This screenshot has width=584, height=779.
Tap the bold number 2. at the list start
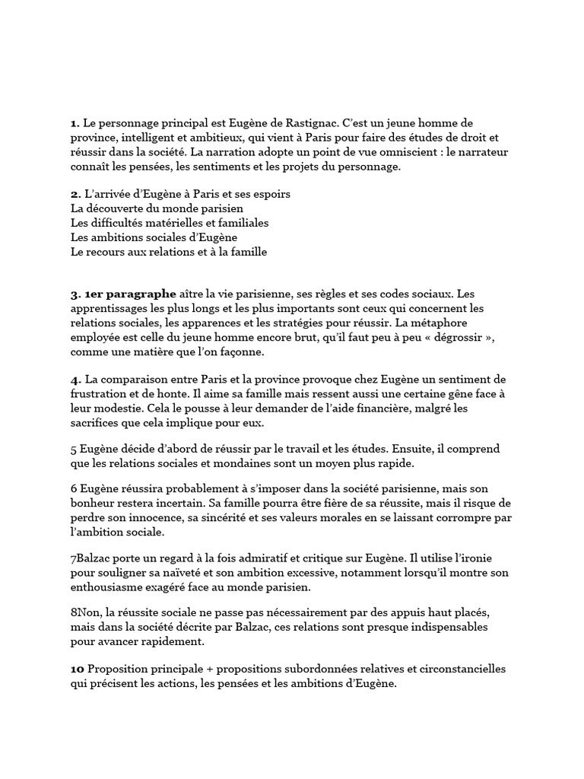(x=75, y=194)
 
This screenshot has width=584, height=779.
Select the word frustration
(x=103, y=393)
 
